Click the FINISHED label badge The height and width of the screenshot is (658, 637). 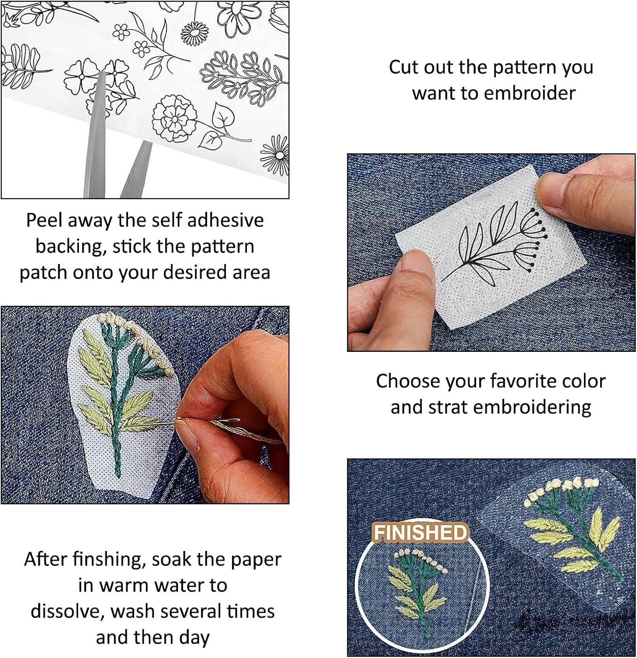coord(419,533)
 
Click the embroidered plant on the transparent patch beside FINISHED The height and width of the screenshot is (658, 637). coord(570,526)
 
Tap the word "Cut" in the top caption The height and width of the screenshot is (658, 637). coord(402,67)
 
